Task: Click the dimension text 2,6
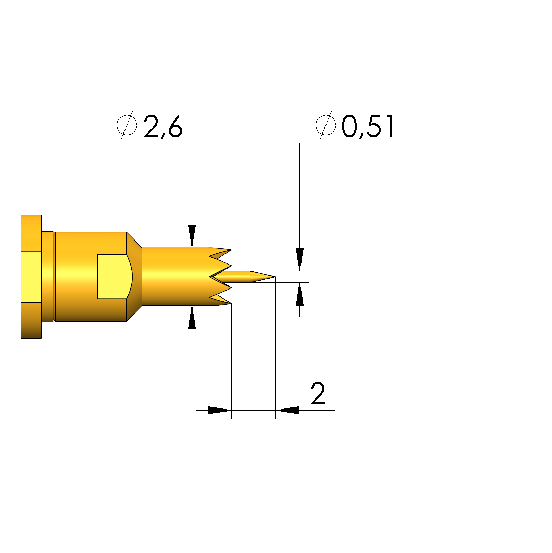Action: (x=163, y=126)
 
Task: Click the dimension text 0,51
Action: (x=368, y=126)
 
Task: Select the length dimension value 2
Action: (x=318, y=393)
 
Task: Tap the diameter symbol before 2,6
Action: (x=127, y=125)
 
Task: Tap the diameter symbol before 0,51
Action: (x=325, y=125)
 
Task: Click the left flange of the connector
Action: (x=31, y=277)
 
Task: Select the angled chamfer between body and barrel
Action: (x=134, y=277)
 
